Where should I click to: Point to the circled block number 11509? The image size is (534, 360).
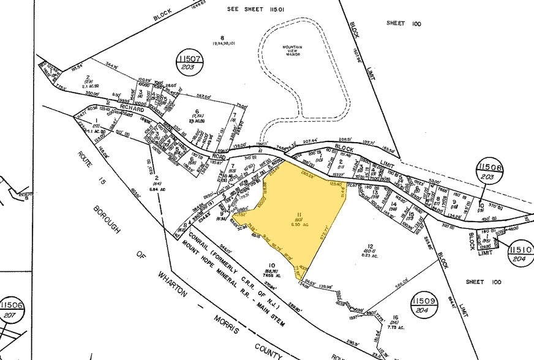point(424,303)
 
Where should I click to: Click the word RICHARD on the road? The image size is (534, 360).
point(132,109)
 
